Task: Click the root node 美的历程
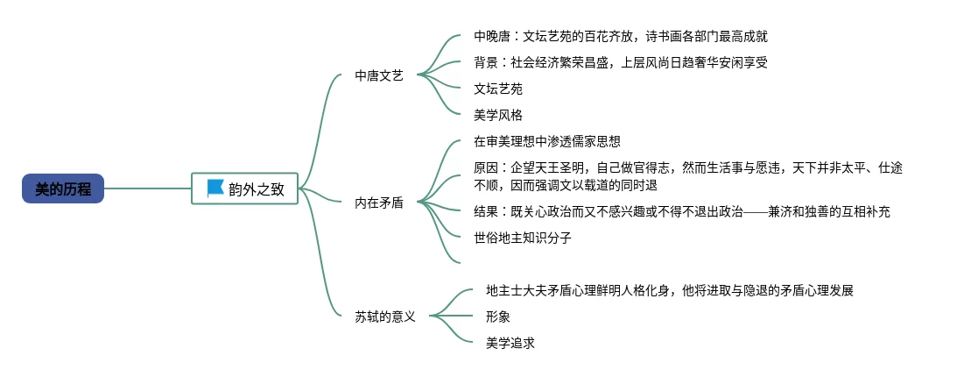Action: (63, 188)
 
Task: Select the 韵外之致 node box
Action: (245, 188)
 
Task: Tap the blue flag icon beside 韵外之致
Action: (215, 188)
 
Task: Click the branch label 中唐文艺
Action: (379, 75)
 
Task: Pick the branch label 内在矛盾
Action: (379, 203)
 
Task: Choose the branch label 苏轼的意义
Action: (385, 316)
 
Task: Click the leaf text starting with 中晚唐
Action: (621, 37)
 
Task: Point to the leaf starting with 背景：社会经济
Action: (620, 62)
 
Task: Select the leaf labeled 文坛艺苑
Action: (498, 89)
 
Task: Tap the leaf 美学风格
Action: (498, 114)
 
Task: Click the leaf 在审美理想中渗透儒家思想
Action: (547, 140)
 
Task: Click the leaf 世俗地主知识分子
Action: (523, 237)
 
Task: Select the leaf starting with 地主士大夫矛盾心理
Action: (669, 290)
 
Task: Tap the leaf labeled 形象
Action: (498, 317)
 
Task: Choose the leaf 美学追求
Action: (510, 343)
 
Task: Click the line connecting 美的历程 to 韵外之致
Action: (147, 188)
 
